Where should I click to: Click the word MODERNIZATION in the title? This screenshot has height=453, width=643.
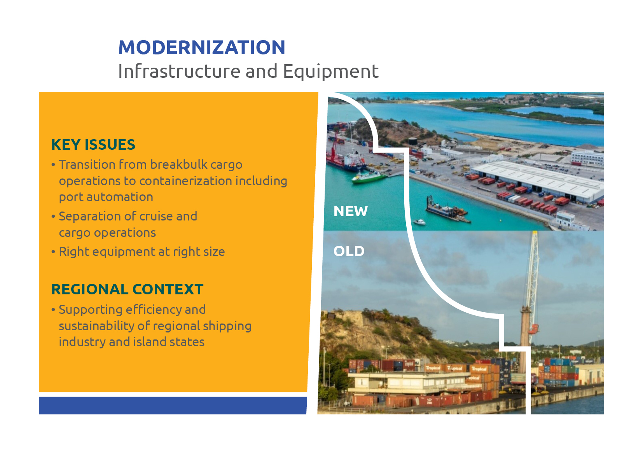(202, 47)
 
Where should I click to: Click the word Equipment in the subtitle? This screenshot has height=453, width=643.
(330, 72)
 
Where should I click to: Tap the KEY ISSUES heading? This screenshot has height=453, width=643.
(93, 145)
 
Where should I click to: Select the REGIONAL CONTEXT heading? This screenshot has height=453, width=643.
(127, 289)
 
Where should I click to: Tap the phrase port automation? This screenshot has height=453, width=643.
(106, 197)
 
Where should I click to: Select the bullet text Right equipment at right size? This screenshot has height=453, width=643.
(142, 252)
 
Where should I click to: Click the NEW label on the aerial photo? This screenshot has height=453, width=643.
(350, 211)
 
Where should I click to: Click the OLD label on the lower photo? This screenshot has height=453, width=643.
(349, 251)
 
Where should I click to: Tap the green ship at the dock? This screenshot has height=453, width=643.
(368, 177)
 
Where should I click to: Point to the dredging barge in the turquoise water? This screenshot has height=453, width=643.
(447, 211)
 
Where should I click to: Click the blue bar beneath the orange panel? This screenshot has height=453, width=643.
(173, 405)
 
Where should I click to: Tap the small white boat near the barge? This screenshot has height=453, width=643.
(419, 222)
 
